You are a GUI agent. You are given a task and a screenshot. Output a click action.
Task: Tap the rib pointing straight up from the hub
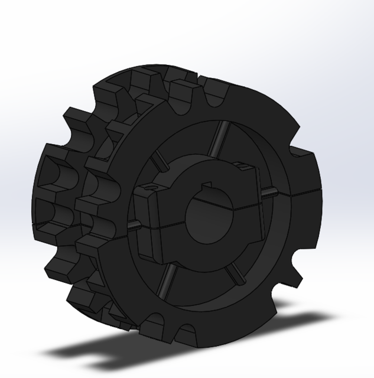tap(221, 138)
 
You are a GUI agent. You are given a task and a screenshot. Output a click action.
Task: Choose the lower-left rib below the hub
tap(165, 281)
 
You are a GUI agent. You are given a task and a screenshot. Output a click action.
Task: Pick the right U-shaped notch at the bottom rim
tap(184, 331)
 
